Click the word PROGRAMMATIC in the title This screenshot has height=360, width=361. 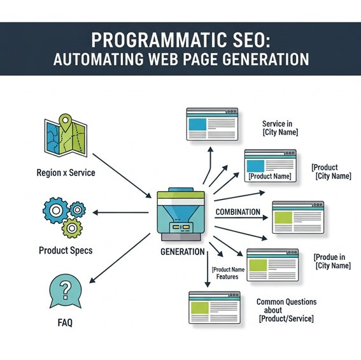(148, 40)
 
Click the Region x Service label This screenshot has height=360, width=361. (66, 173)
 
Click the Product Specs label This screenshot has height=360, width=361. (66, 250)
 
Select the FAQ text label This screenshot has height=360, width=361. (65, 322)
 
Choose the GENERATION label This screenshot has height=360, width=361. (183, 252)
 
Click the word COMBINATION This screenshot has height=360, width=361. (237, 212)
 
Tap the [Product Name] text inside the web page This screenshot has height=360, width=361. (270, 176)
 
